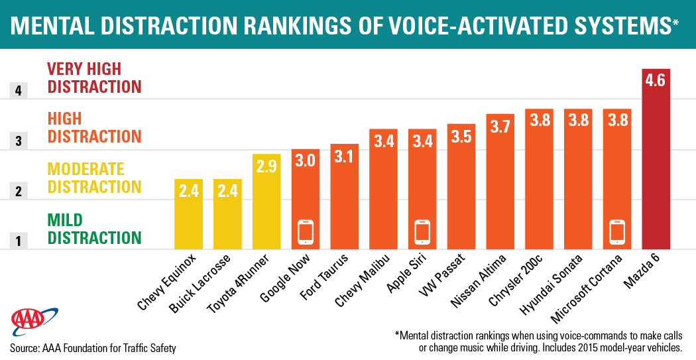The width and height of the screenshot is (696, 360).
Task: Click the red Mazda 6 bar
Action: point(656,159)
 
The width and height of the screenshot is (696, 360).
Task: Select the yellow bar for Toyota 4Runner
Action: point(266,202)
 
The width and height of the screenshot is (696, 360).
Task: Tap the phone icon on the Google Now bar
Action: point(306,231)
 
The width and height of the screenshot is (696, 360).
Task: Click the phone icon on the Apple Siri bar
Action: point(422,231)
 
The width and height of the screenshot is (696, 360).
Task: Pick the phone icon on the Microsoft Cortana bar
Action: point(617,231)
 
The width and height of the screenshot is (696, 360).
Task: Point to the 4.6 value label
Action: point(656,81)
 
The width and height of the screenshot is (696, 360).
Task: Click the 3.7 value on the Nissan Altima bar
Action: point(500,125)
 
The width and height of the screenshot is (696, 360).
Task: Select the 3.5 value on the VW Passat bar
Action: point(461,135)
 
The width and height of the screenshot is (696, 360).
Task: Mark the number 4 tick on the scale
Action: point(18,90)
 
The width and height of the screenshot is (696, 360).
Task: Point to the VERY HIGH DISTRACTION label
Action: point(93,78)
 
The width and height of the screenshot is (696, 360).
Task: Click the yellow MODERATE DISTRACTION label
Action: point(93,178)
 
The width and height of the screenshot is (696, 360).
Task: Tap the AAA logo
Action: point(28,322)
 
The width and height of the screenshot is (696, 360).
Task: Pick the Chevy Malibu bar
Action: point(383,189)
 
